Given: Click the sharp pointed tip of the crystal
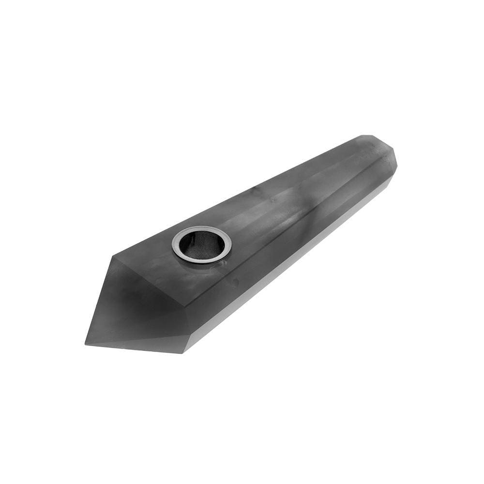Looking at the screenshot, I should point(87,344).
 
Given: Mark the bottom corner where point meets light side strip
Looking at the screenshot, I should point(182,352).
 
